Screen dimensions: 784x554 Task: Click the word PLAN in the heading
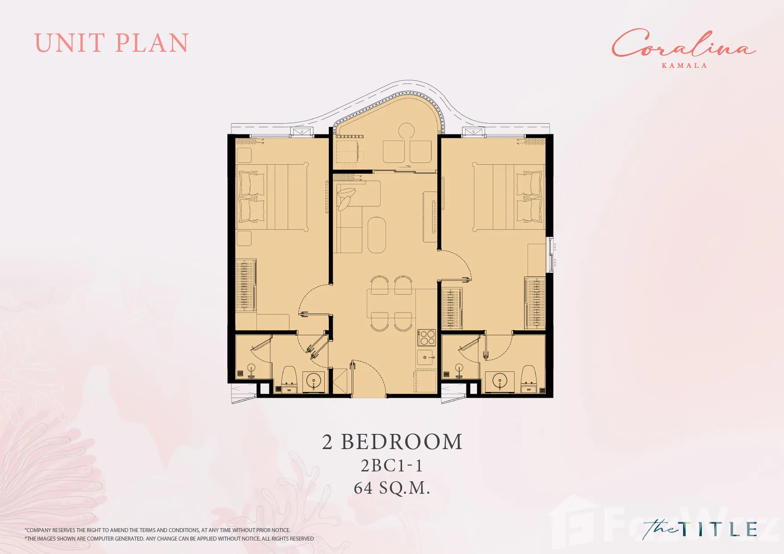point(152,43)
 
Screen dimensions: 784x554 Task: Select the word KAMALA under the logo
point(684,65)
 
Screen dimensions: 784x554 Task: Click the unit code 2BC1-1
point(392,466)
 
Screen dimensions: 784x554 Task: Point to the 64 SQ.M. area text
point(392,488)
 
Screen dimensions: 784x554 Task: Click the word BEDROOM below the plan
point(402,442)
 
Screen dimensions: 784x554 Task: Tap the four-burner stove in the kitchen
point(427,337)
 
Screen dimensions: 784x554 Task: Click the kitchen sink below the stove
point(425,357)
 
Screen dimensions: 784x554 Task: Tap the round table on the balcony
point(407,131)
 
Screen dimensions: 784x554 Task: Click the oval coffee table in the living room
point(377,235)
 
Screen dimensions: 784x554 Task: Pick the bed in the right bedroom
point(509,197)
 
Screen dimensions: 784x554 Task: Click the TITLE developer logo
point(700,529)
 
